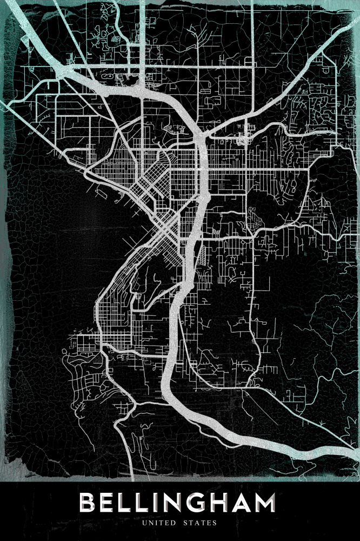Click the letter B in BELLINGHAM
pos(90,503)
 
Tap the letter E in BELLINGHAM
pos(110,503)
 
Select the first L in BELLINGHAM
pos(129,503)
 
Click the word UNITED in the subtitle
pos(159,523)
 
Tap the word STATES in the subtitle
pos(200,523)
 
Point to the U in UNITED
pos(145,523)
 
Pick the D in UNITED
pos(174,523)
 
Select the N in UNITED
pos(151,523)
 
